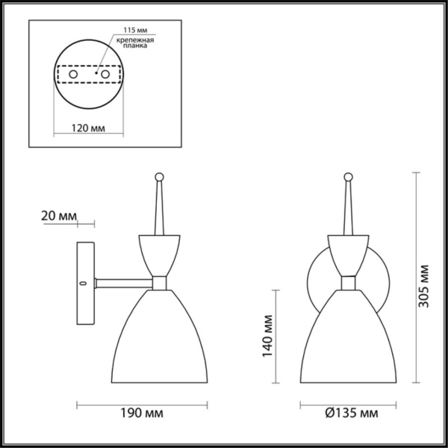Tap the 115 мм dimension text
point(125,31)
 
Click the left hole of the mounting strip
point(72,75)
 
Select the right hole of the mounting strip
point(105,75)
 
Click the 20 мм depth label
point(57,217)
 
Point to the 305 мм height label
point(424,287)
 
